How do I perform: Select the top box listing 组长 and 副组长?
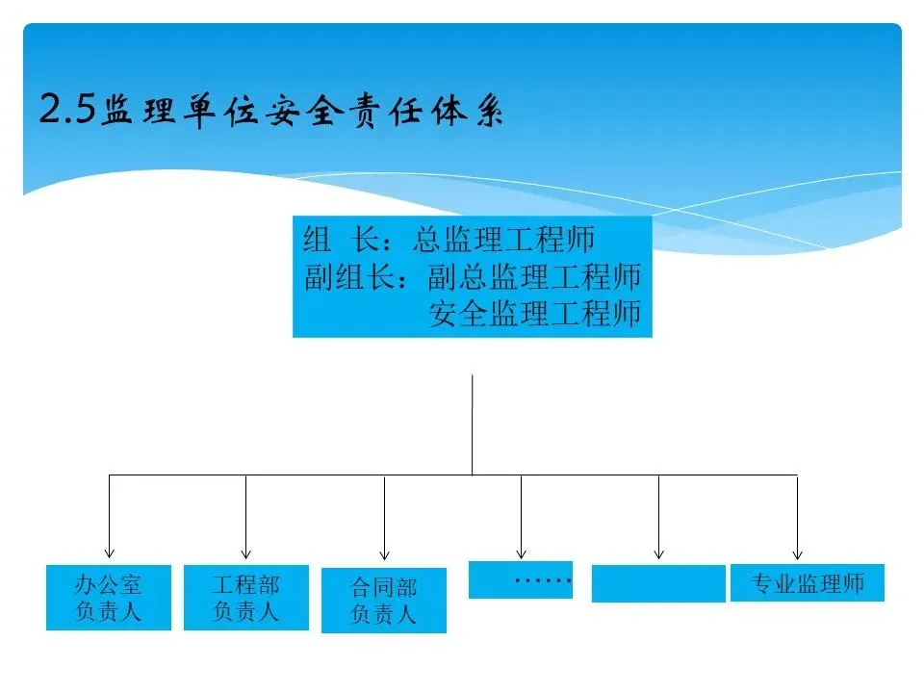coord(473,277)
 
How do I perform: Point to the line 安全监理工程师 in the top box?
coord(535,314)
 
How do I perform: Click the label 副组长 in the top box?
coord(346,277)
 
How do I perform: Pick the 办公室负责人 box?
coord(109,598)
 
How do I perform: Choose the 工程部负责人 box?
coord(246,598)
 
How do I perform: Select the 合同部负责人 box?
coord(384,601)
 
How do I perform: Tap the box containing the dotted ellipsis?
coord(521,579)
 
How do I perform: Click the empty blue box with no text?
coord(658,583)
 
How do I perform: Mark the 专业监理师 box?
coord(808,582)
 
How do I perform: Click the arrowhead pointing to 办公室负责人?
coord(109,553)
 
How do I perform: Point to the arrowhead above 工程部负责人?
coord(246,553)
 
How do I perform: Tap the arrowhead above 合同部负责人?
coord(384,554)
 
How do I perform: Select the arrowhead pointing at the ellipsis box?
coord(521,553)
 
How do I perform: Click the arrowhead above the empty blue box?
coord(658,553)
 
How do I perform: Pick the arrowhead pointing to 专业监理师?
coord(797,553)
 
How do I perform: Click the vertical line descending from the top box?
coord(472,423)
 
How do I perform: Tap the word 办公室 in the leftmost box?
coord(109,585)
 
